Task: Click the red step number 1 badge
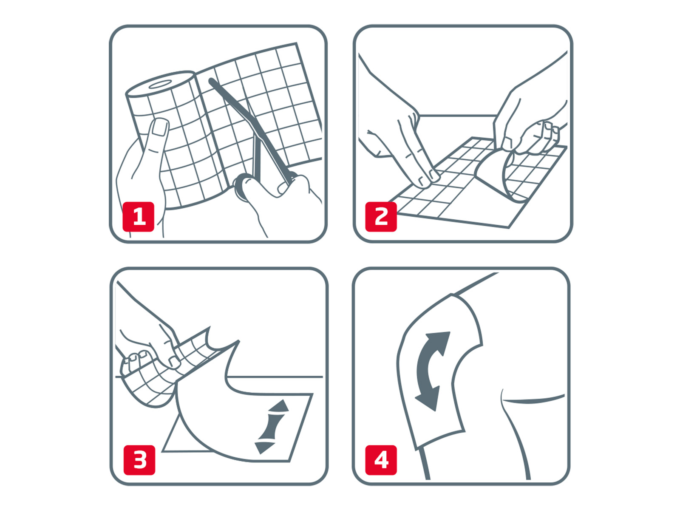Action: coord(138,217)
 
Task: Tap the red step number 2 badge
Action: coord(381,217)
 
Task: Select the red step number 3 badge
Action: coord(139,460)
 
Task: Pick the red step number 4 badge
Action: coord(381,460)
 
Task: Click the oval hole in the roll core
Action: coord(160,84)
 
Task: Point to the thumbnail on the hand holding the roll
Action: coord(160,127)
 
